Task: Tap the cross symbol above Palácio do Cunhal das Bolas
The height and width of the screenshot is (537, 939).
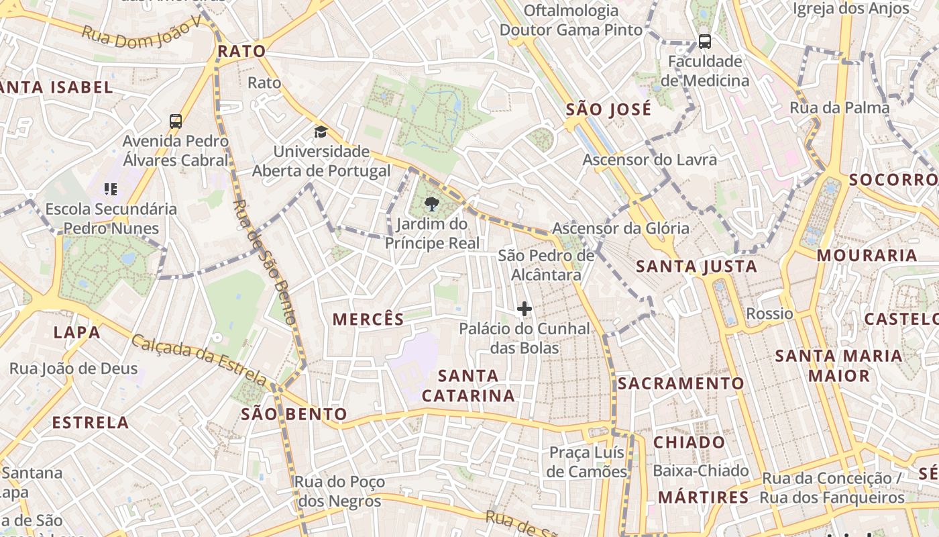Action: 524,309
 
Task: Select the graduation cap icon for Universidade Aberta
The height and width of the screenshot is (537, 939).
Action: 321,132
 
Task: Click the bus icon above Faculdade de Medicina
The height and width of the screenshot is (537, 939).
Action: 705,42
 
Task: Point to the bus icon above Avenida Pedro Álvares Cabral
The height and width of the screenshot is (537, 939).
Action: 176,121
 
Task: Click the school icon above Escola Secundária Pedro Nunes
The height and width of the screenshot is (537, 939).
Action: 111,189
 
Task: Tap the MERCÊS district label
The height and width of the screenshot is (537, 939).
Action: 368,320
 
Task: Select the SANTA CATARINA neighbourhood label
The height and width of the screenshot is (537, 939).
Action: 468,385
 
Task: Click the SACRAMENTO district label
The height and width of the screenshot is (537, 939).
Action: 680,383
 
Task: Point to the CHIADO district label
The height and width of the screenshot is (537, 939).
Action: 689,442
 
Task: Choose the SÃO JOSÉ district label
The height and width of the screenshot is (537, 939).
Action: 608,109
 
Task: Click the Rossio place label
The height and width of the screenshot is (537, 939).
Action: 769,313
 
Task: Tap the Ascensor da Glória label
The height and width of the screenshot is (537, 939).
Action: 620,228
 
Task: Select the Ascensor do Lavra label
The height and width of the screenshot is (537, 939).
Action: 649,160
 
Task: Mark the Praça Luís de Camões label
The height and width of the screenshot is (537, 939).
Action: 587,462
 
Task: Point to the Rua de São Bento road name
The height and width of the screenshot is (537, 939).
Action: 264,262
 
